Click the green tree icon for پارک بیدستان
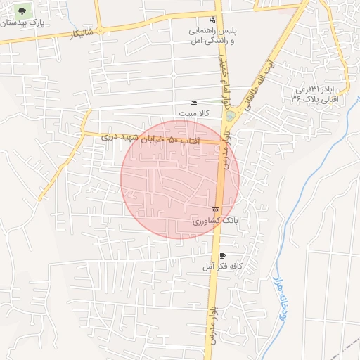pyautogui.click(x=25, y=11)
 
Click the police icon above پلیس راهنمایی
pyautogui.click(x=213, y=20)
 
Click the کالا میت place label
pyautogui.click(x=195, y=113)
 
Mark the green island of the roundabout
pyautogui.click(x=229, y=115)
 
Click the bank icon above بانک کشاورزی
pyautogui.click(x=214, y=210)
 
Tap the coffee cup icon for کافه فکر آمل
pyautogui.click(x=222, y=256)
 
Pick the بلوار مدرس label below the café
pyautogui.click(x=211, y=324)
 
